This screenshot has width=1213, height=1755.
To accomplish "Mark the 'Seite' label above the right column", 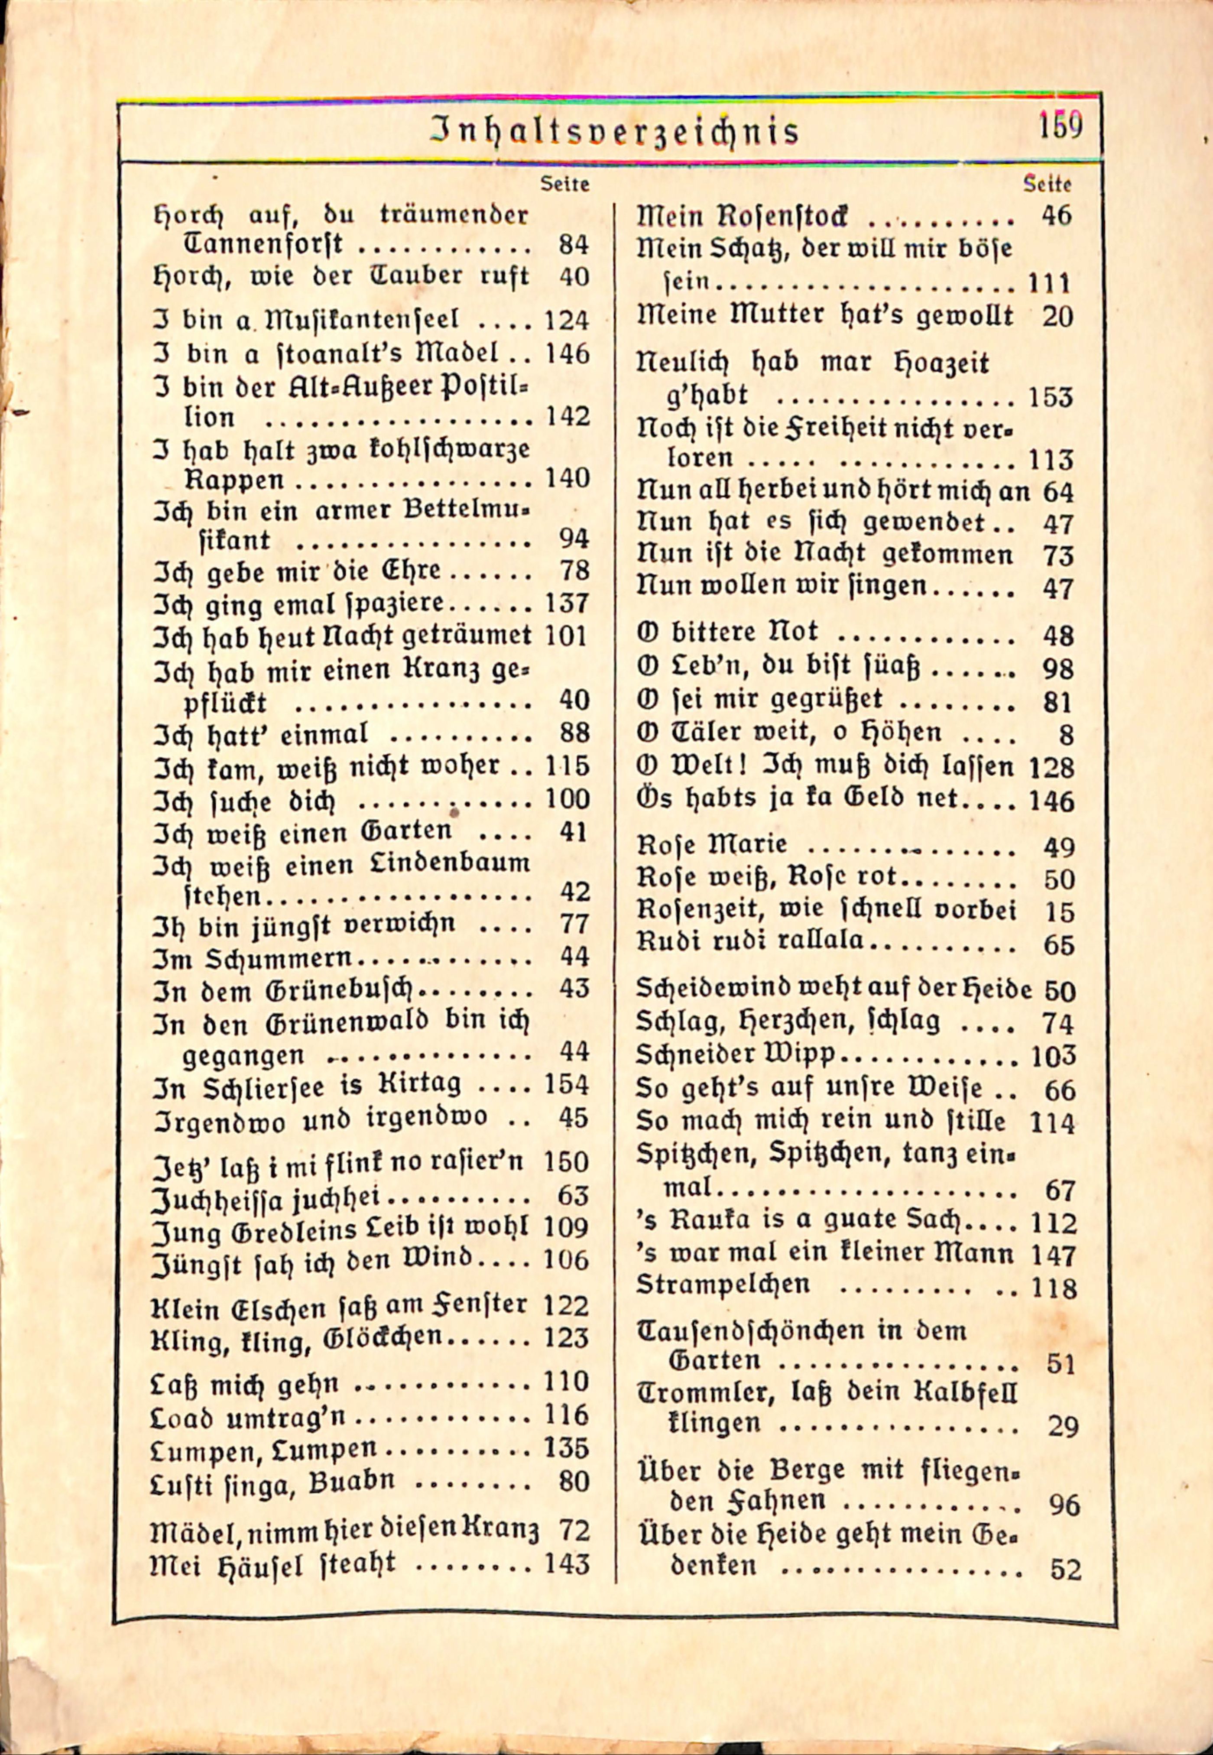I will (x=1048, y=184).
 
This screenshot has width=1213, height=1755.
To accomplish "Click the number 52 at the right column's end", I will (x=1065, y=1570).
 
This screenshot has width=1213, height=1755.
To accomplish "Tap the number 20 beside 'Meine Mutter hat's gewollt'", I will (x=1057, y=317).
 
